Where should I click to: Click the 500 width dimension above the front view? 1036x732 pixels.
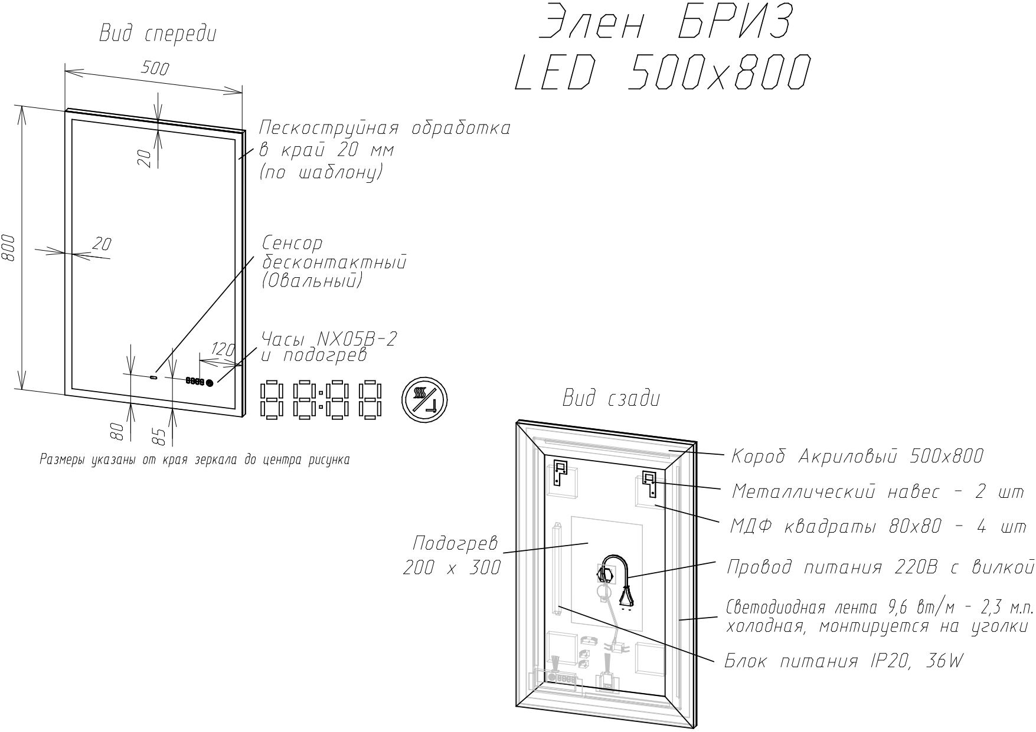click(155, 68)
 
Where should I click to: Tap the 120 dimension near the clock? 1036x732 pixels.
click(223, 350)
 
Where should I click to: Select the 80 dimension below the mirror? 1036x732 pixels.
click(117, 431)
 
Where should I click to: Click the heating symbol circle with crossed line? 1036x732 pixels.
click(424, 400)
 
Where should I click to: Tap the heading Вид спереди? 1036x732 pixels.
click(158, 34)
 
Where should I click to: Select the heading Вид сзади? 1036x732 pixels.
click(611, 399)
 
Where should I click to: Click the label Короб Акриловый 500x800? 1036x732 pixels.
click(857, 456)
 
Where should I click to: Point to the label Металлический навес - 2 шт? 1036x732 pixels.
click(878, 491)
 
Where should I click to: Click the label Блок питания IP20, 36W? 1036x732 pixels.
click(844, 661)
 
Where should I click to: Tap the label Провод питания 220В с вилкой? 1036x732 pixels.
click(880, 567)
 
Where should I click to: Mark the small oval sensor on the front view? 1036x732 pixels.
click(154, 376)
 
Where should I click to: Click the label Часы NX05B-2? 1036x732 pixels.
click(329, 339)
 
